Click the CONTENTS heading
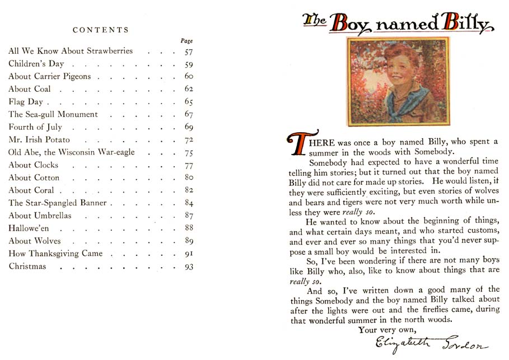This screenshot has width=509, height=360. [101, 30]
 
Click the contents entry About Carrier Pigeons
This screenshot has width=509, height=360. [49, 76]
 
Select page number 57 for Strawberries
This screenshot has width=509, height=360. [188, 51]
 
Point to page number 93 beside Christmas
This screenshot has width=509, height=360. [188, 267]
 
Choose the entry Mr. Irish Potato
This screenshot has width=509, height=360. [39, 139]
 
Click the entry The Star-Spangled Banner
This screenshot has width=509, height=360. [57, 203]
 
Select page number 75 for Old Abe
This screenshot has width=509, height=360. [188, 153]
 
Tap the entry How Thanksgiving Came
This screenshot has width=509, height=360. [55, 254]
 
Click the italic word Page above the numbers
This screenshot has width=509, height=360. [186, 41]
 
